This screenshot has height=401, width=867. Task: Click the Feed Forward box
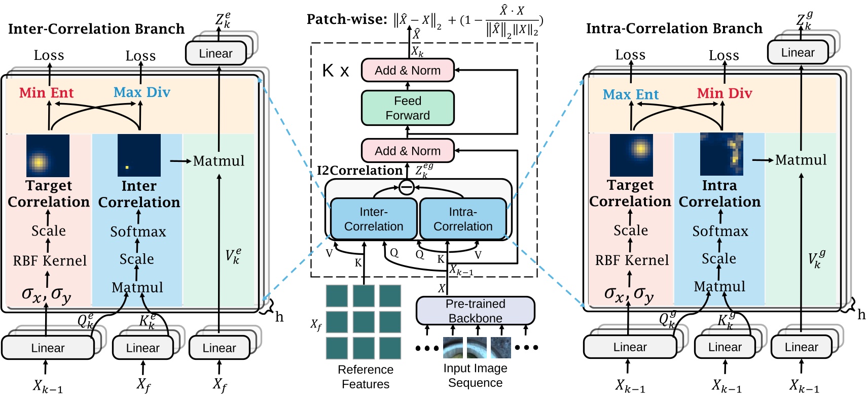tap(407, 108)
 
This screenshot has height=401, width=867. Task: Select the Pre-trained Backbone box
tap(475, 311)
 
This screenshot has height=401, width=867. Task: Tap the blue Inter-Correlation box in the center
tap(374, 219)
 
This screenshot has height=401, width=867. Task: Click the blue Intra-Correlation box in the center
tap(462, 219)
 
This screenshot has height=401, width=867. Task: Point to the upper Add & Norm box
tap(407, 71)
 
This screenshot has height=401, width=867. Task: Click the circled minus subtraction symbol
tap(406, 187)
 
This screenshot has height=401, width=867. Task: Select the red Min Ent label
tap(46, 93)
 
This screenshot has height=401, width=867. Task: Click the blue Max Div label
tap(141, 92)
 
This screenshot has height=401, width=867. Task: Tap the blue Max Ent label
tap(630, 94)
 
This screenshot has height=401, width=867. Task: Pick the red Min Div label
tap(724, 93)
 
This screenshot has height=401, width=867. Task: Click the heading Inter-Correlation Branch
tap(96, 29)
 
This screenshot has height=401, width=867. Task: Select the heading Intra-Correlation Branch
tap(674, 28)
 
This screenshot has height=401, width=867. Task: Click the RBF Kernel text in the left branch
tap(50, 261)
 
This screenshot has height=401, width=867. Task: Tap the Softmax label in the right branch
tap(720, 231)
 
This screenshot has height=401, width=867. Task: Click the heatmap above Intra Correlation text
tap(721, 154)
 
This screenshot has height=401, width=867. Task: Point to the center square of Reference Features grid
tap(364, 322)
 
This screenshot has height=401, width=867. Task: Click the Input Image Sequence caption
tap(475, 376)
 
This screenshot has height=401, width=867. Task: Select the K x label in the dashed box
tap(335, 71)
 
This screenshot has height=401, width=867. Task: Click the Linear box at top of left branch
tap(215, 53)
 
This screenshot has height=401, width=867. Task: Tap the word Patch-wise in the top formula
tap(347, 19)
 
